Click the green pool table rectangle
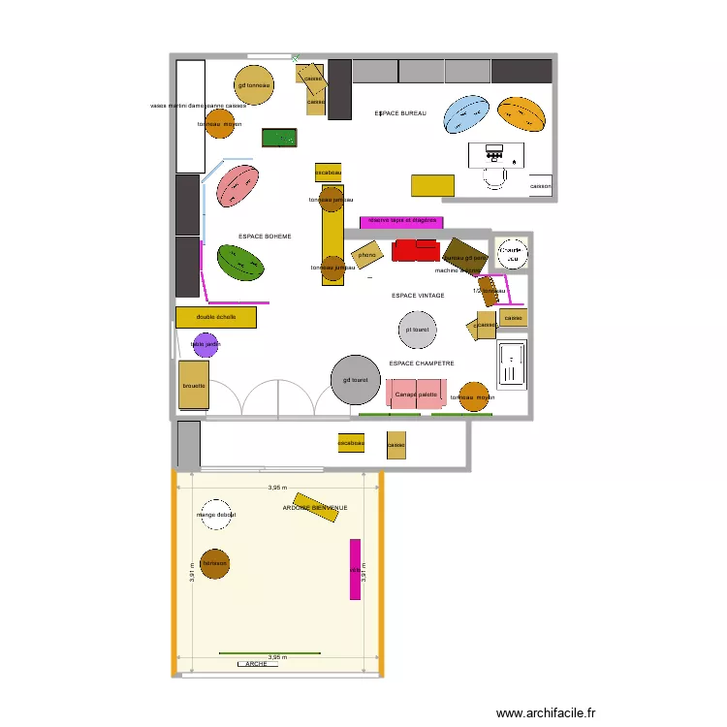click(x=279, y=139)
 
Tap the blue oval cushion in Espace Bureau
click(x=466, y=114)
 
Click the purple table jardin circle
click(x=206, y=344)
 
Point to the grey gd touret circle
click(x=356, y=380)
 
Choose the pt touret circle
click(x=418, y=330)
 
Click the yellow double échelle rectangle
click(x=216, y=317)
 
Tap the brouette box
click(x=194, y=385)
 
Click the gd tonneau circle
click(x=254, y=85)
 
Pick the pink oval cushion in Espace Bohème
click(x=237, y=185)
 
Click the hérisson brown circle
click(x=214, y=563)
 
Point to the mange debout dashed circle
click(x=215, y=515)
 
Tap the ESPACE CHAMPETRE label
click(x=422, y=363)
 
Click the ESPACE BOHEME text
click(x=265, y=237)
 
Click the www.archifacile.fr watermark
click(x=546, y=713)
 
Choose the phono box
click(x=367, y=256)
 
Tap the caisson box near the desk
click(x=541, y=186)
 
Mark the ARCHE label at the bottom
click(x=256, y=664)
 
